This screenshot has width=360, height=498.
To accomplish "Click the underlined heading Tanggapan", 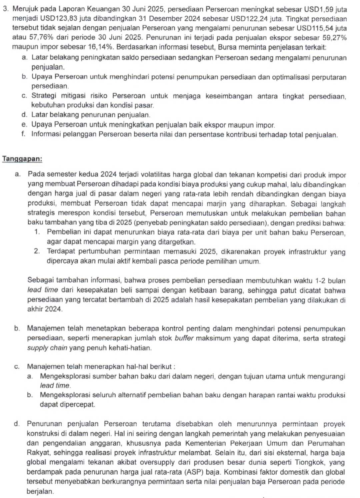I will [22, 159].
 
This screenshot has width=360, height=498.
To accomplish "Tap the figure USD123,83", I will [57, 19].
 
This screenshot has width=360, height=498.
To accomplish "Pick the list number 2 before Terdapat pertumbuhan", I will [37, 252].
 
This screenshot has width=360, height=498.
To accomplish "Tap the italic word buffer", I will [184, 338].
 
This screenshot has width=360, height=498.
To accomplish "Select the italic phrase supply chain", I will [47, 348].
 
